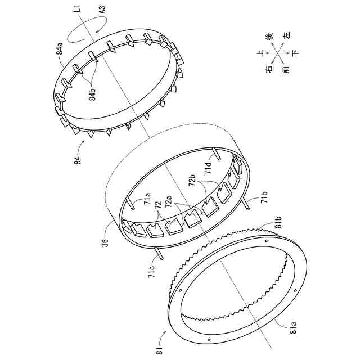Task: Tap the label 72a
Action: point(166,201)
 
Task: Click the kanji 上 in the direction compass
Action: point(260,53)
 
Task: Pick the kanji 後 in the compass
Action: point(269,37)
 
